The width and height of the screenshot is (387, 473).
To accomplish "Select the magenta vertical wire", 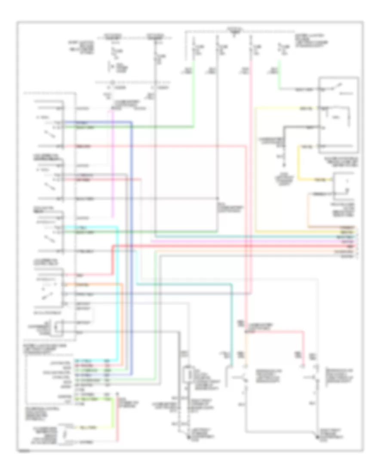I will [113, 163].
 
